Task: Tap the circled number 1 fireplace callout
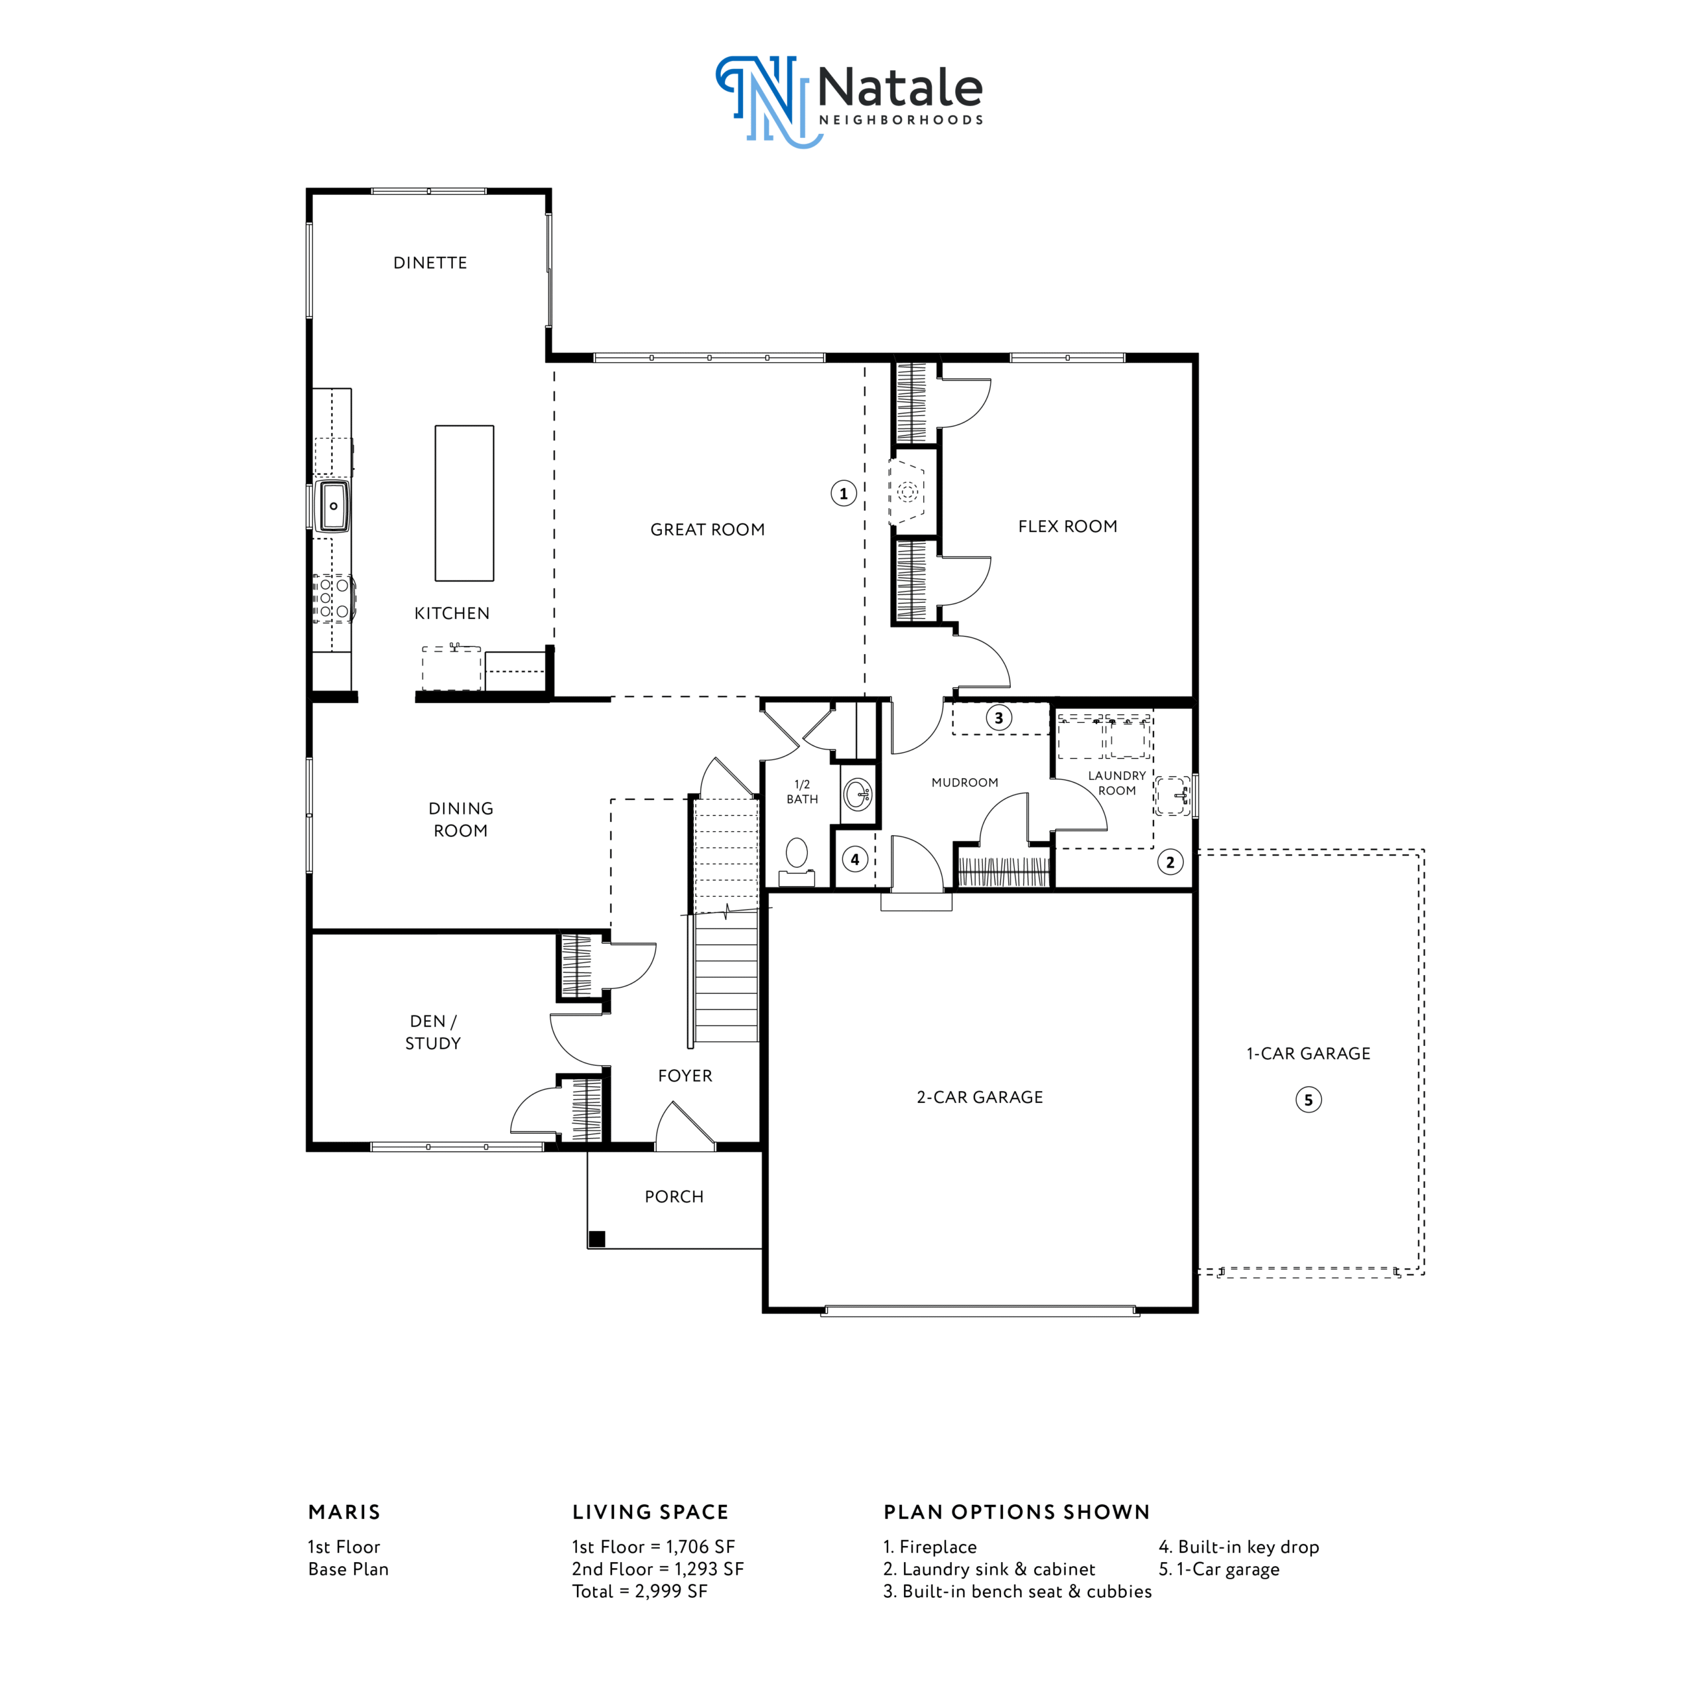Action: (x=844, y=493)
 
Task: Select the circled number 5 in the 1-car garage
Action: (x=1309, y=1100)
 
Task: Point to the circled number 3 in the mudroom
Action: (x=998, y=717)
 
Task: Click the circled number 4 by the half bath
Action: (x=855, y=860)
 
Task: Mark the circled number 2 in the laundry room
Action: (x=1170, y=862)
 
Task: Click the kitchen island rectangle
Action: (x=464, y=503)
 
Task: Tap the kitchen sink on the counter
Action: (x=333, y=505)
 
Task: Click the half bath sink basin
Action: (x=857, y=795)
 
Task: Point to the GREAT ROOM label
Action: (x=708, y=529)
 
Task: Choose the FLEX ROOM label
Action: (x=1068, y=527)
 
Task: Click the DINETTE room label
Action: (x=430, y=263)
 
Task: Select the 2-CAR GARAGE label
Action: (x=980, y=1097)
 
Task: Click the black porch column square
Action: (x=597, y=1239)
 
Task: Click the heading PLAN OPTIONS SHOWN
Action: (x=1017, y=1512)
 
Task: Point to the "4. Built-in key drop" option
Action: (x=1239, y=1547)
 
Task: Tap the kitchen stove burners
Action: (x=334, y=598)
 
